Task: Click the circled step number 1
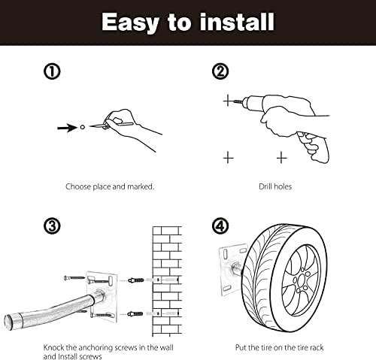(x=52, y=71)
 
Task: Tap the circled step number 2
(x=220, y=71)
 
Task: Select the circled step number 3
(x=52, y=225)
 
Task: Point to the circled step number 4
(x=220, y=225)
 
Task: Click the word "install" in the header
(x=237, y=22)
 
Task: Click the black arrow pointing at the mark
(x=68, y=128)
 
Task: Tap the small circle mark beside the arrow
(x=83, y=127)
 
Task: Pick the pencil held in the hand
(x=111, y=125)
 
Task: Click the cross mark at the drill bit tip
(x=228, y=101)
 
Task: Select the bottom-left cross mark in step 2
(x=228, y=157)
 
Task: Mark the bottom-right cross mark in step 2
(x=282, y=157)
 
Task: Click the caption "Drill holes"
(x=275, y=186)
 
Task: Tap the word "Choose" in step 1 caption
(x=78, y=186)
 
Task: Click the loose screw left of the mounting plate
(x=74, y=278)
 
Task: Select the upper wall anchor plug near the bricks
(x=136, y=280)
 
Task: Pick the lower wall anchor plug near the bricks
(x=135, y=313)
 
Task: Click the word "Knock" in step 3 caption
(x=54, y=348)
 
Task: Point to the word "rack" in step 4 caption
(x=317, y=348)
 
